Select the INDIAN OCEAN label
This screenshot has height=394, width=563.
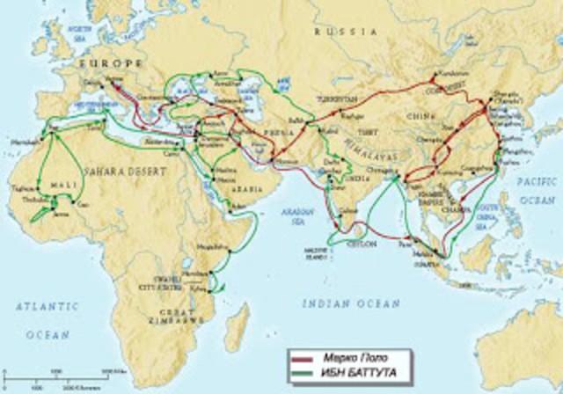click(351, 303)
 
